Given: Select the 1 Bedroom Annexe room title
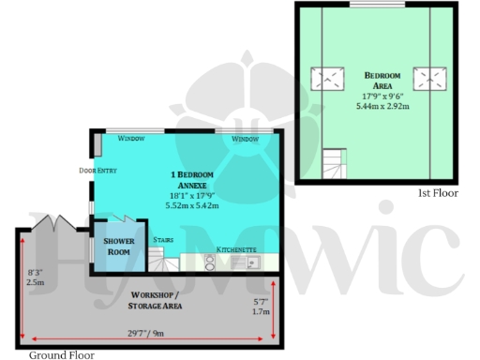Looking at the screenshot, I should pyautogui.click(x=192, y=179).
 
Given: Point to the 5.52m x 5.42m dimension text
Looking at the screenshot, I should pyautogui.click(x=192, y=204).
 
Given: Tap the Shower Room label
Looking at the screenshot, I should pyautogui.click(x=115, y=246).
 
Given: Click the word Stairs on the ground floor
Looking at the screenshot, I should pyautogui.click(x=162, y=239).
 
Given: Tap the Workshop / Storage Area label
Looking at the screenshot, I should pyautogui.click(x=156, y=300).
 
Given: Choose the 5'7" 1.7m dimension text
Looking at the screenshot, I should pyautogui.click(x=261, y=307).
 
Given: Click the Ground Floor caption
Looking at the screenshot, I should pyautogui.click(x=61, y=355).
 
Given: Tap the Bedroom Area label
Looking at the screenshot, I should pyautogui.click(x=382, y=80).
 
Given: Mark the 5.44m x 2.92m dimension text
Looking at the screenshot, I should pyautogui.click(x=382, y=105).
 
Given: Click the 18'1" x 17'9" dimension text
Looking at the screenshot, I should pyautogui.click(x=192, y=195).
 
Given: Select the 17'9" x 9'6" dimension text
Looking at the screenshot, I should pyautogui.click(x=382, y=96).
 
